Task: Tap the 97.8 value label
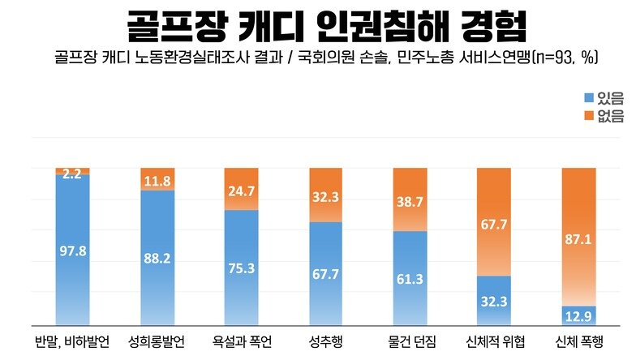pos(72,252)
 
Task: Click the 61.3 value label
pos(410,281)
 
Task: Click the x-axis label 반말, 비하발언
pos(72,342)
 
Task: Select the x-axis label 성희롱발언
pos(157,342)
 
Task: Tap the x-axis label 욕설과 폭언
pos(241,342)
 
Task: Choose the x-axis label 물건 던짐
pos(410,342)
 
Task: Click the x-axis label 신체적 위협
pos(495,342)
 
